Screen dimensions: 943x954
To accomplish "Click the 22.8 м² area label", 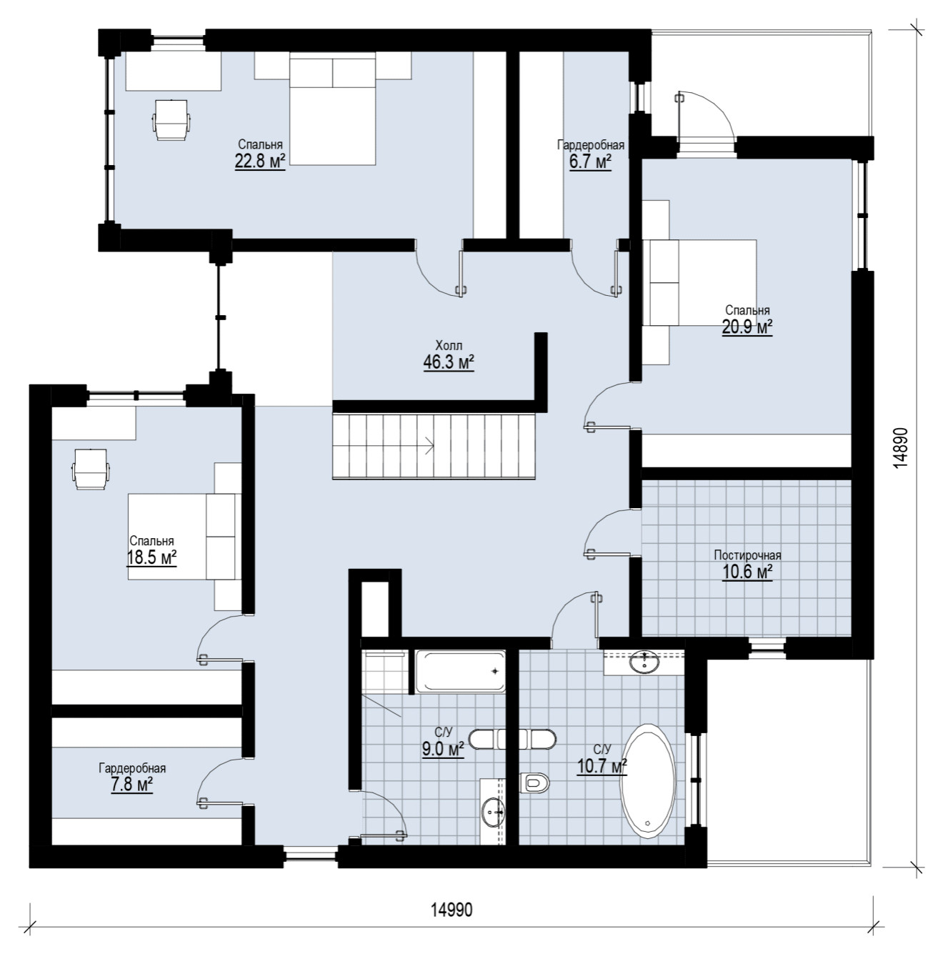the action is pyautogui.click(x=260, y=161).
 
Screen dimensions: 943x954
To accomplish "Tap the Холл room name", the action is pyautogui.click(x=449, y=345).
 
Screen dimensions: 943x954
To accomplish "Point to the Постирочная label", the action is pyautogui.click(x=747, y=555).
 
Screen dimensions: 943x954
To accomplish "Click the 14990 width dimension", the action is pyautogui.click(x=451, y=909).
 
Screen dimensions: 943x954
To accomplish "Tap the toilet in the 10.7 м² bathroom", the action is pyautogui.click(x=536, y=783).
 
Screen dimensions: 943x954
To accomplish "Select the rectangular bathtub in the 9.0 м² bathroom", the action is pyautogui.click(x=460, y=671).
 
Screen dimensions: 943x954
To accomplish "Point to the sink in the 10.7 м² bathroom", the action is pyautogui.click(x=644, y=662).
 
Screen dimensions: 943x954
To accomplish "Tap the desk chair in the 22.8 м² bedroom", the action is pyautogui.click(x=171, y=119).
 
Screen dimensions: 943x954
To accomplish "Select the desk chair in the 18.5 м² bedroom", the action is pyautogui.click(x=91, y=468).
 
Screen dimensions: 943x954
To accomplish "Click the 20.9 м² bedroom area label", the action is pyautogui.click(x=747, y=327).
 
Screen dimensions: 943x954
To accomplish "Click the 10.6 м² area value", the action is pyautogui.click(x=747, y=572).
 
